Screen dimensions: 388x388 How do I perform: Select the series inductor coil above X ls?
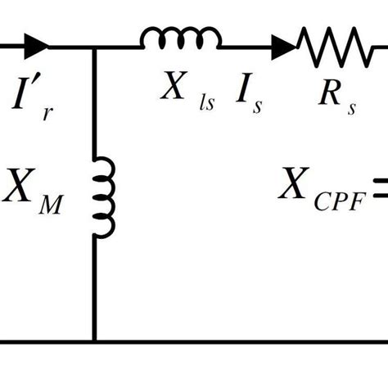pyautogui.click(x=180, y=38)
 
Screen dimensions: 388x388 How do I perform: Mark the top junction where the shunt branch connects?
pyautogui.click(x=94, y=47)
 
